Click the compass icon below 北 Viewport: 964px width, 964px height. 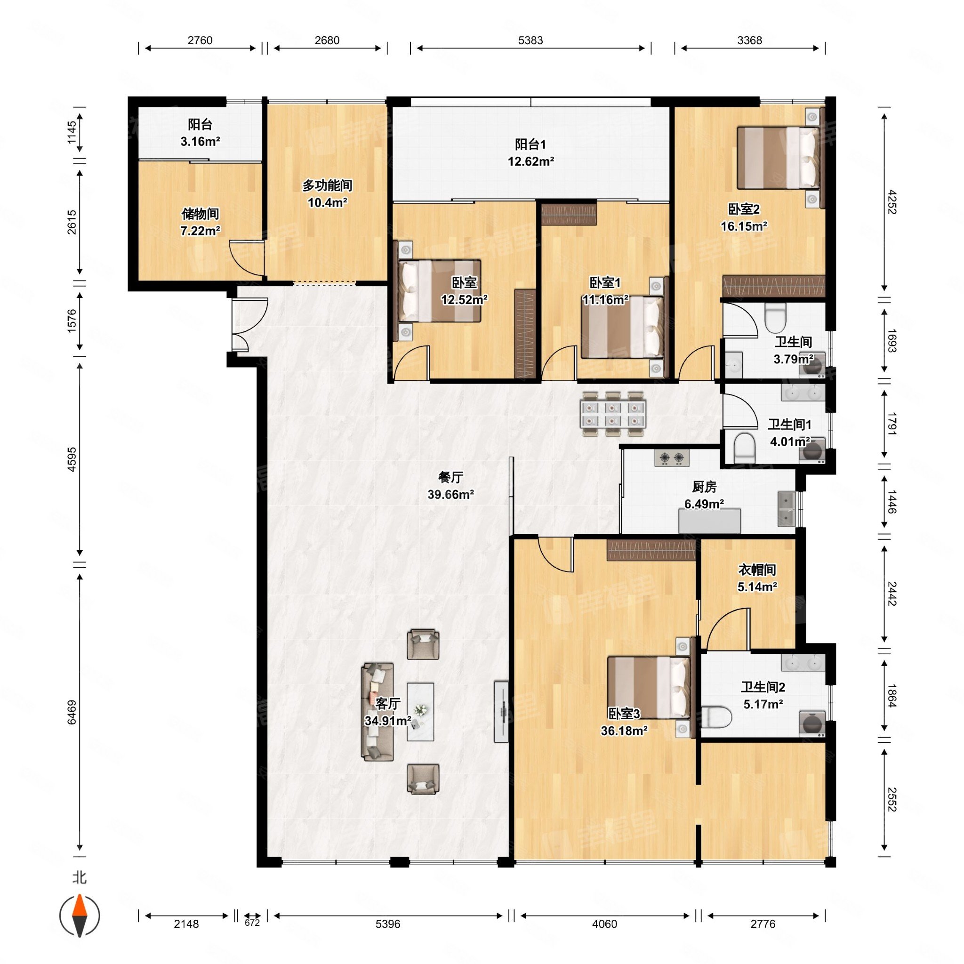coord(80,916)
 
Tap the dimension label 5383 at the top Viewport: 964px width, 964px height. coord(530,40)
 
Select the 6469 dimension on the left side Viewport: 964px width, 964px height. coord(72,712)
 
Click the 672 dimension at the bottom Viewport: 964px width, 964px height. coord(252,923)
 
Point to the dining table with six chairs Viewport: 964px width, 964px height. coord(613,414)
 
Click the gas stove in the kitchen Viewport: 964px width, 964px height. coord(672,457)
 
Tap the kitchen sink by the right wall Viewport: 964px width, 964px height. coord(786,509)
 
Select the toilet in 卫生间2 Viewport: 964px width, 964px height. coord(716,717)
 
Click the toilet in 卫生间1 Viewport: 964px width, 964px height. coord(745,447)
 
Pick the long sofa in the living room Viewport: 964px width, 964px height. coord(377,712)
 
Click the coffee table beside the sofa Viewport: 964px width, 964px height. coord(420,712)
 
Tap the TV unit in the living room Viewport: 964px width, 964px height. coord(501,711)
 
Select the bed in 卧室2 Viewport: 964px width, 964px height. coord(779,158)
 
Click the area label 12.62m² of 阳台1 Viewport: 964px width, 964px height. coord(531,161)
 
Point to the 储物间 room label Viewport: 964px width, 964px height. coord(200,214)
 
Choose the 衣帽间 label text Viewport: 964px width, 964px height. coord(757,570)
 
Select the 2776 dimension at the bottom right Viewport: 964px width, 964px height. coord(763,924)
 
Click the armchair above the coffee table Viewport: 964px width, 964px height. coord(423,644)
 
